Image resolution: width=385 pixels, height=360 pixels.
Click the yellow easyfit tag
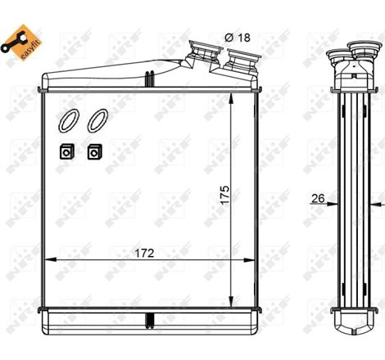coord(30,40)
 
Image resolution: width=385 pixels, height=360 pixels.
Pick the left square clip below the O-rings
coord(66,151)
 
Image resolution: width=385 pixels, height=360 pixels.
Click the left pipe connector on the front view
coord(202,57)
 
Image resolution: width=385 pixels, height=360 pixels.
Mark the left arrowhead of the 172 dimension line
coord(47,260)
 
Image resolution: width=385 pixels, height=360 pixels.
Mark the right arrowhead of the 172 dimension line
coord(256,260)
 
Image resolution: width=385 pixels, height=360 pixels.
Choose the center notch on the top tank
coord(148,79)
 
